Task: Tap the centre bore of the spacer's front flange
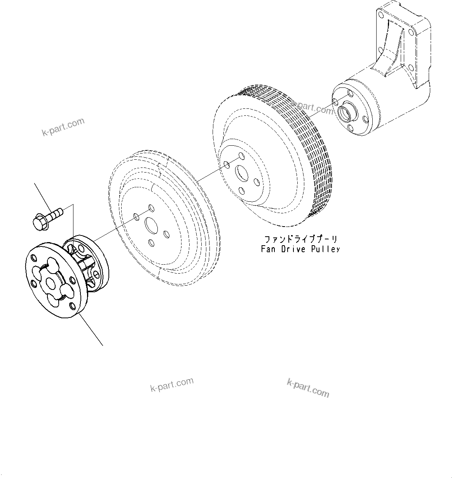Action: click(50, 283)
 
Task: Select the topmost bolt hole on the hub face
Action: click(351, 94)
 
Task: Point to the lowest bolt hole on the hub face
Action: click(351, 128)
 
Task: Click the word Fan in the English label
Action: click(268, 249)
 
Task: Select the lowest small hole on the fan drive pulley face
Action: click(241, 190)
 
